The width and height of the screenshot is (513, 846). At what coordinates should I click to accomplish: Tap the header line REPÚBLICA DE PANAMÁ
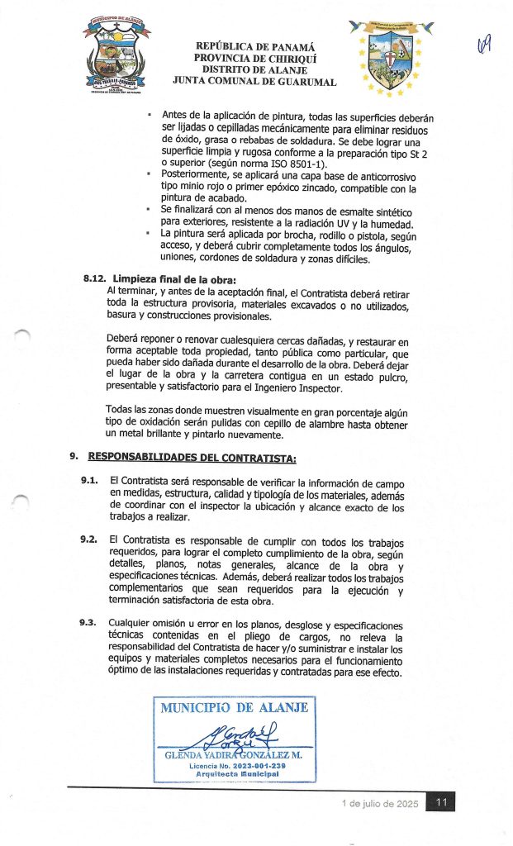pyautogui.click(x=254, y=47)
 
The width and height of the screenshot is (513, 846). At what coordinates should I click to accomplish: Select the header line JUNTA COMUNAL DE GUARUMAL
pyautogui.click(x=254, y=82)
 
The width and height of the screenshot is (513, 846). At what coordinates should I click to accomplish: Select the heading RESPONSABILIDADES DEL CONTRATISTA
pyautogui.click(x=192, y=457)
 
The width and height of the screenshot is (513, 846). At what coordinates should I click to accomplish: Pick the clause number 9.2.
pyautogui.click(x=90, y=539)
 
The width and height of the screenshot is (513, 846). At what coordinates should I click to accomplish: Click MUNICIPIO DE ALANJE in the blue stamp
pyautogui.click(x=235, y=707)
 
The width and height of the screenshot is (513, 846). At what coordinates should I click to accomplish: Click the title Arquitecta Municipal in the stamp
pyautogui.click(x=235, y=774)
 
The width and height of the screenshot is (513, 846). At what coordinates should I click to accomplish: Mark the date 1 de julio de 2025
pyautogui.click(x=380, y=804)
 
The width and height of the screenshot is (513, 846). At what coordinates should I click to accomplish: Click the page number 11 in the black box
pyautogui.click(x=441, y=802)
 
